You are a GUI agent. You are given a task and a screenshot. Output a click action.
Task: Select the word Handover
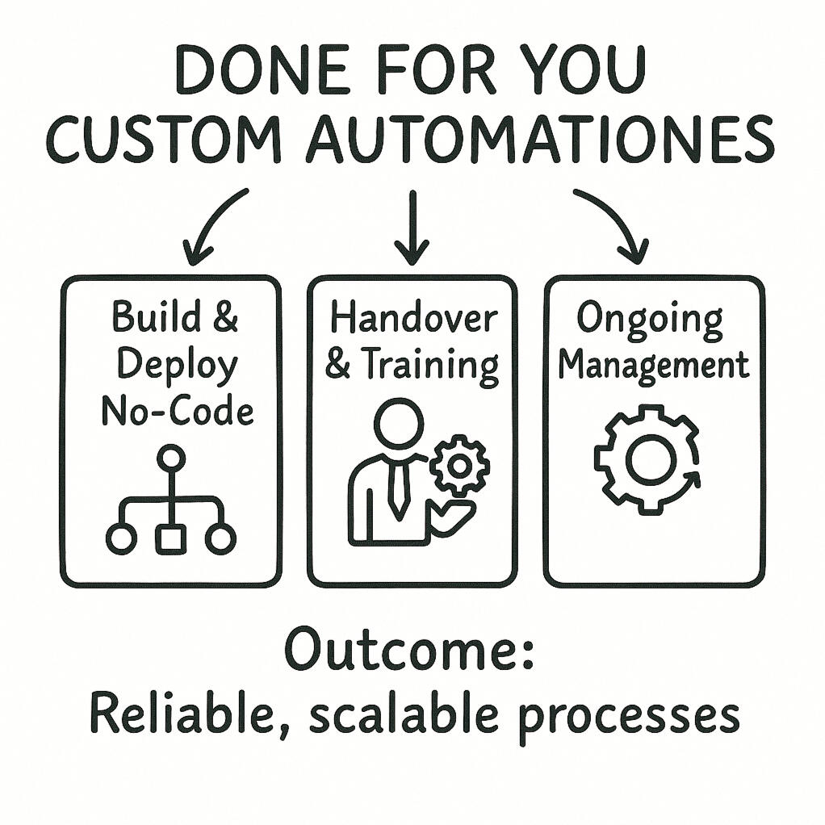click(x=412, y=319)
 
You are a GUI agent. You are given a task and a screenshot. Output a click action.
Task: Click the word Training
click(x=429, y=366)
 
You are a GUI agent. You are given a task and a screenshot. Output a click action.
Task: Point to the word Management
click(x=654, y=366)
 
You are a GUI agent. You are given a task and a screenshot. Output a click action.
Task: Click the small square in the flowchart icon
click(x=170, y=538)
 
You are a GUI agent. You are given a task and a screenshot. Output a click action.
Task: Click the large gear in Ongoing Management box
click(x=647, y=461)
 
